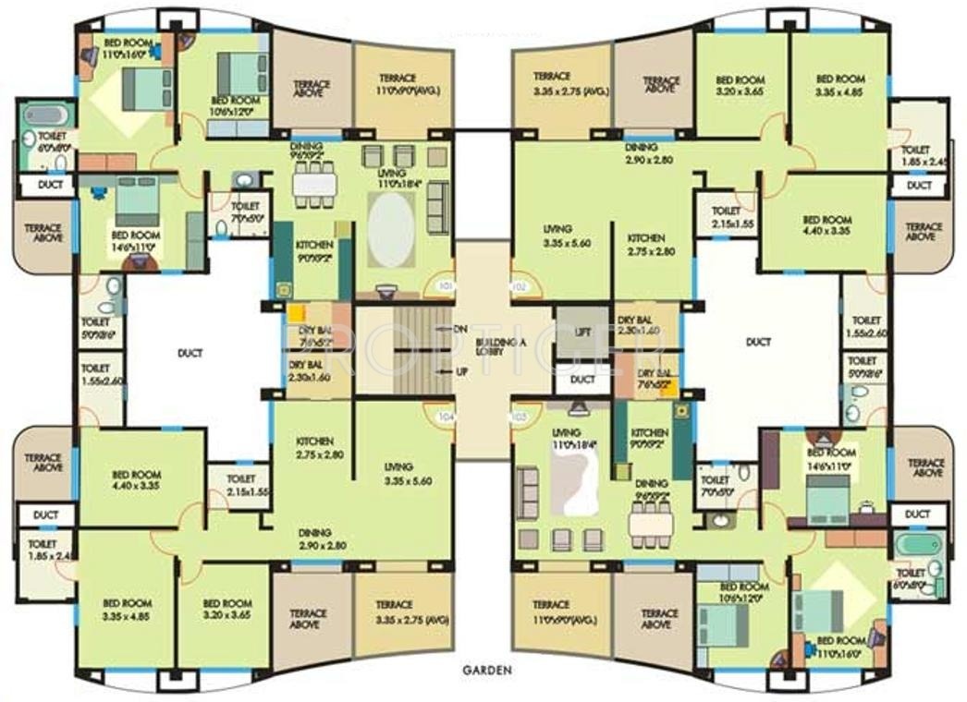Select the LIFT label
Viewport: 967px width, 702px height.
[x=582, y=331]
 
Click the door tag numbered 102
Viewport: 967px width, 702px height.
[x=520, y=287]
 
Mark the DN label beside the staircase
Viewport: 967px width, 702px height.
[x=460, y=329]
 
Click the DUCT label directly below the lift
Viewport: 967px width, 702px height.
[x=582, y=380]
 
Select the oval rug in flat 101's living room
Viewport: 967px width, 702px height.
[x=393, y=231]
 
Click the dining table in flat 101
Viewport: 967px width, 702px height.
[x=313, y=184]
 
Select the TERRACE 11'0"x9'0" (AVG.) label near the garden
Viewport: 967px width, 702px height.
[x=558, y=611]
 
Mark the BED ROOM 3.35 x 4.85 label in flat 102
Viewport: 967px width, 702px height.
[x=839, y=86]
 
